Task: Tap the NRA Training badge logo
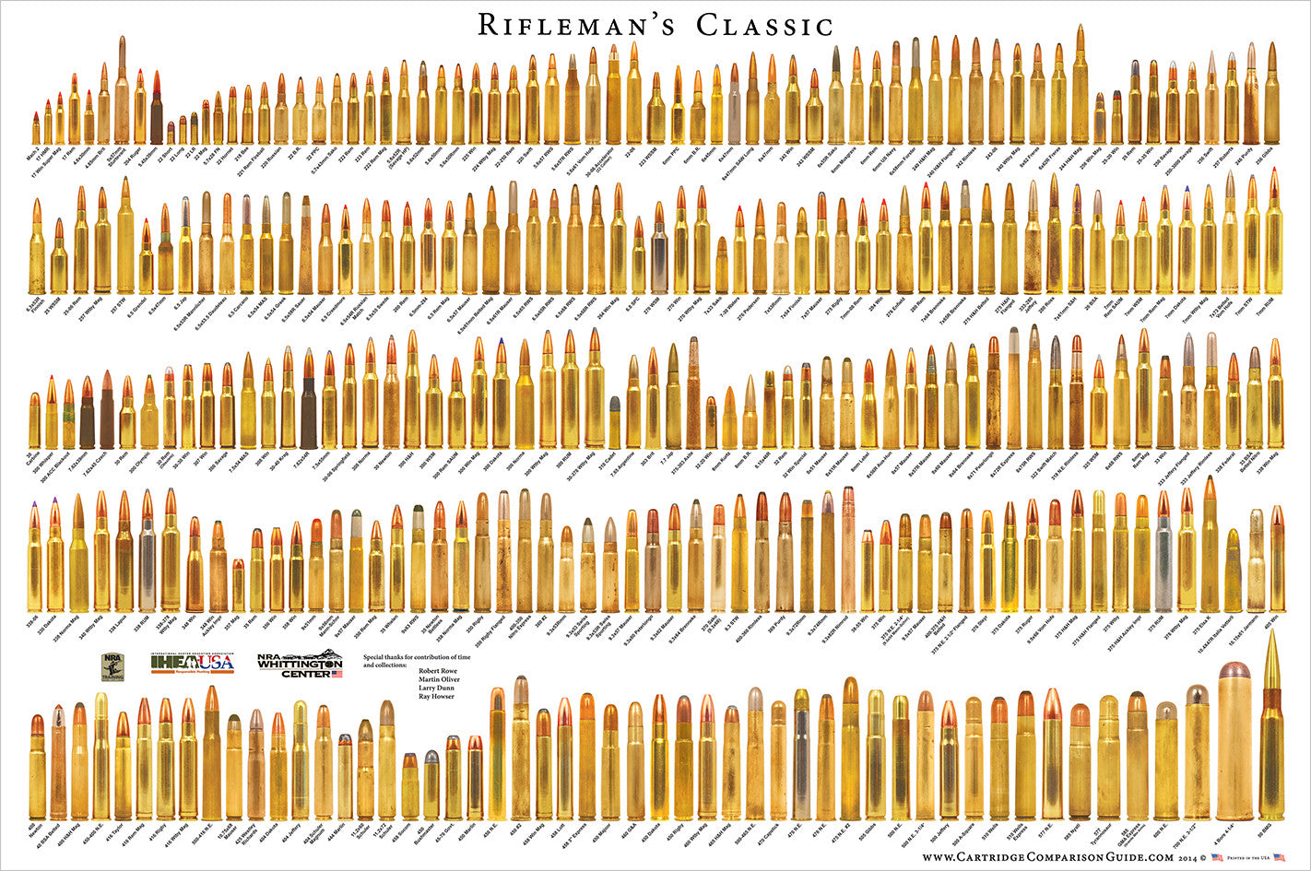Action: (112, 666)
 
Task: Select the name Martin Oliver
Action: (439, 679)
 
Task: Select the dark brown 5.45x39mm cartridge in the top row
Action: (157, 115)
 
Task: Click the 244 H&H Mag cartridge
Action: (1080, 88)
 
